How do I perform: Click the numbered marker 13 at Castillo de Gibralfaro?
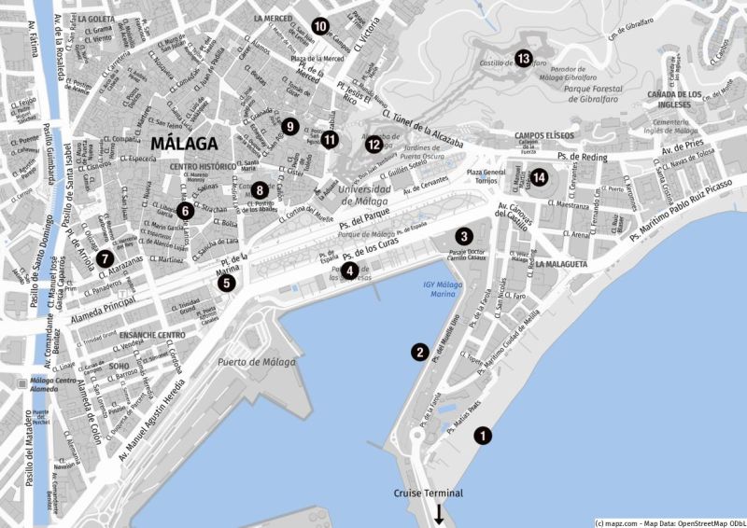(x=523, y=59)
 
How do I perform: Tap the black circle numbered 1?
(x=483, y=435)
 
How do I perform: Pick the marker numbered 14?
(x=541, y=176)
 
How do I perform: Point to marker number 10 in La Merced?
(x=320, y=26)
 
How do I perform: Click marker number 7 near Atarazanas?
(x=105, y=257)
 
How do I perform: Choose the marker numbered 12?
(x=373, y=144)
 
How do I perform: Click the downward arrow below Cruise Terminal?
(x=438, y=513)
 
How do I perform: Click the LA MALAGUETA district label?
(x=562, y=264)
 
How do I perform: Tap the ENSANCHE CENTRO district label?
(x=146, y=334)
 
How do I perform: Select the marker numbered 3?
(x=463, y=237)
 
